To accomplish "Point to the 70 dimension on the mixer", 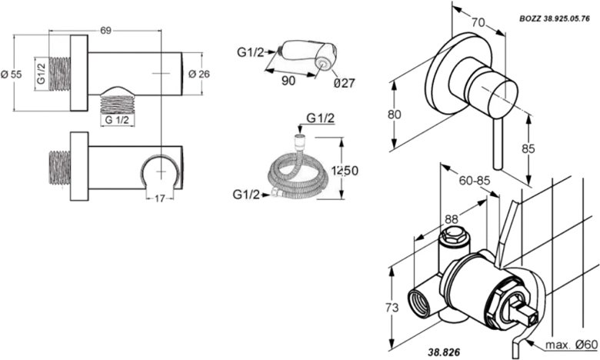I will coord(478,23).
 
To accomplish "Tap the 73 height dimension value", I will coord(393,307).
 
